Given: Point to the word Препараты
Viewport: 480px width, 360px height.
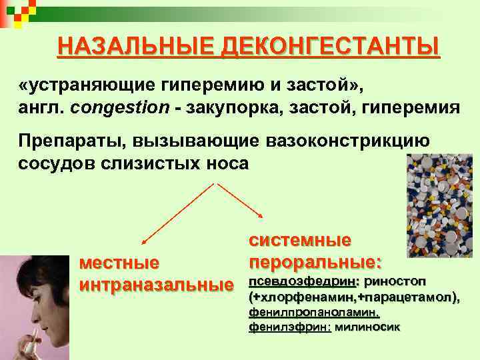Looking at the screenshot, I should tap(71, 142).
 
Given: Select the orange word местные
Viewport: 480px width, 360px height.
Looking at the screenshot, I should tap(119, 263).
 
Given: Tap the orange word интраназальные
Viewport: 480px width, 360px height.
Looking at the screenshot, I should tap(157, 285).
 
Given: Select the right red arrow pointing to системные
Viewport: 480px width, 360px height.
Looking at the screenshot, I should tap(240, 200).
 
